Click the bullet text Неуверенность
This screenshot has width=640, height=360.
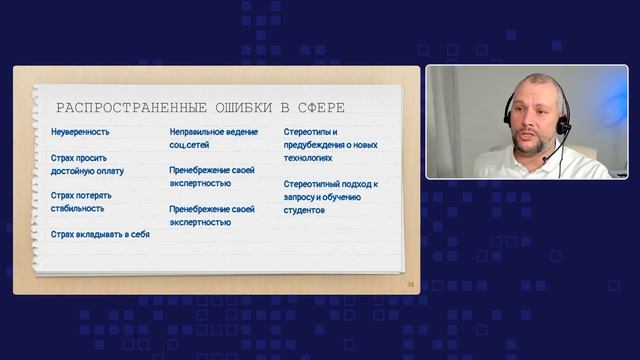coord(80,132)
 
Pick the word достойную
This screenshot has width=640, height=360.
coord(71,171)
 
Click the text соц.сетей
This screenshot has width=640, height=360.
coord(190,145)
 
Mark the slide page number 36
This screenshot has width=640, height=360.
coord(410,285)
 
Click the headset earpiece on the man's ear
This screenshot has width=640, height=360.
coord(565,126)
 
